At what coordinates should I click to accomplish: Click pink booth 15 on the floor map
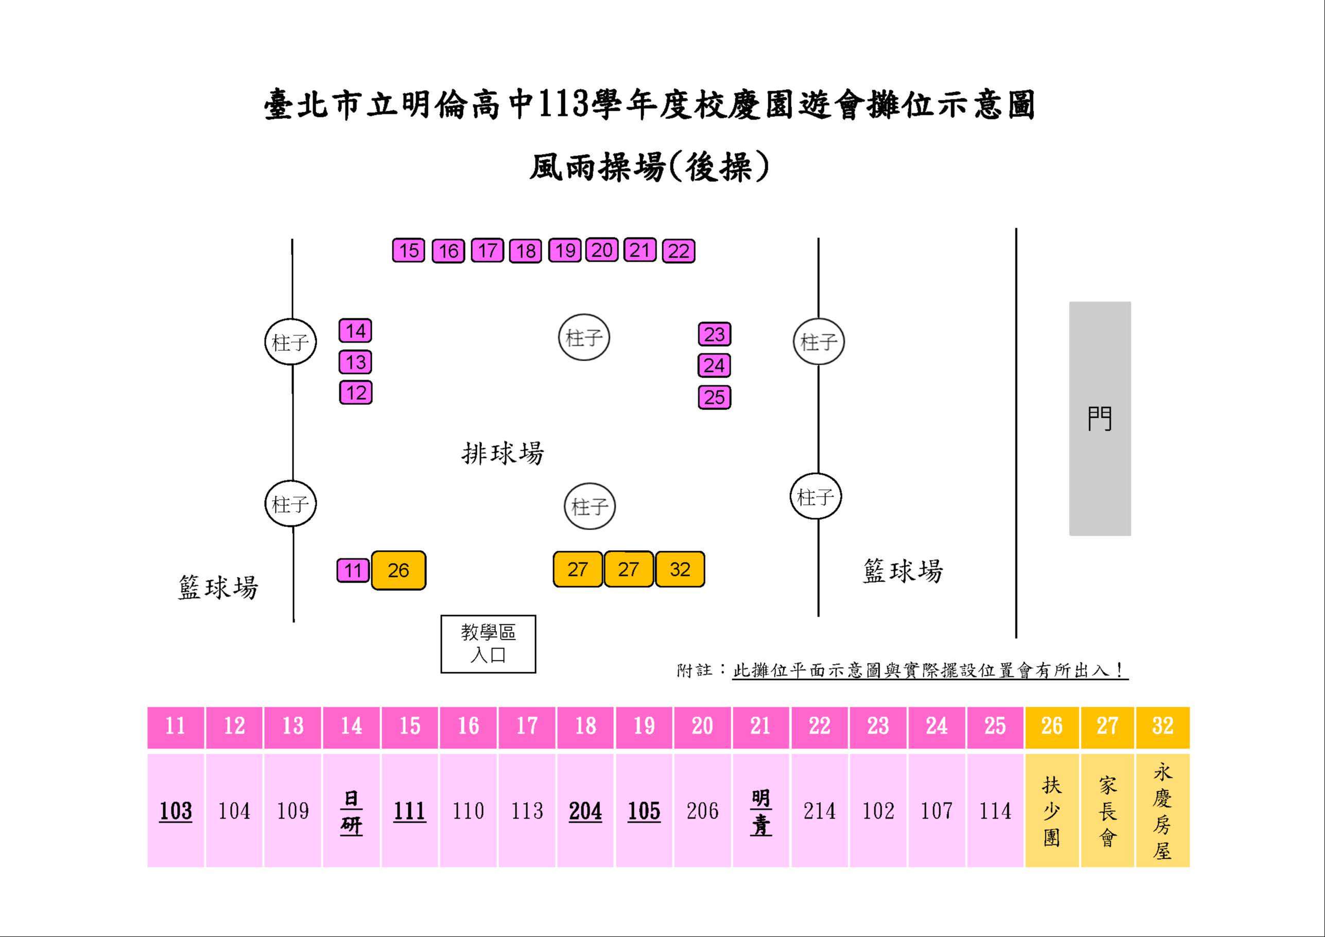click(408, 250)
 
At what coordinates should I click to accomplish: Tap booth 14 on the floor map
click(355, 331)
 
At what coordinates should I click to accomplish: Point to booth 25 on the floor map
click(714, 397)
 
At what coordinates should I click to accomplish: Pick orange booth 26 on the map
click(398, 570)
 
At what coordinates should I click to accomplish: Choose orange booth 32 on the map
click(680, 570)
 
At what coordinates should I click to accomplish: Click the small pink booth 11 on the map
click(353, 571)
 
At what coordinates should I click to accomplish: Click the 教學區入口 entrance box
click(488, 644)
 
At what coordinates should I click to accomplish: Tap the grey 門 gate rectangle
click(1100, 419)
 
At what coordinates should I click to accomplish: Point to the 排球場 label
click(503, 453)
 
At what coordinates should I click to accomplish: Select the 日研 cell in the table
click(351, 811)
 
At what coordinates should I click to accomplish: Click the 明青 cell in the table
click(761, 811)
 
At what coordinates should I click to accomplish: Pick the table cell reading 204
click(585, 811)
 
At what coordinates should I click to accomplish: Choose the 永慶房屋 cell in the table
click(1162, 811)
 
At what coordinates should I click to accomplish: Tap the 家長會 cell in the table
click(1108, 811)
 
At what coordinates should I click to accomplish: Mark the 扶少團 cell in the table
click(1052, 811)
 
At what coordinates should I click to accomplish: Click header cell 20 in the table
click(702, 726)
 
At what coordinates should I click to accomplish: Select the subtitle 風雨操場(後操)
click(650, 167)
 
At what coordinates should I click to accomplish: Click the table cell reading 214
click(819, 811)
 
